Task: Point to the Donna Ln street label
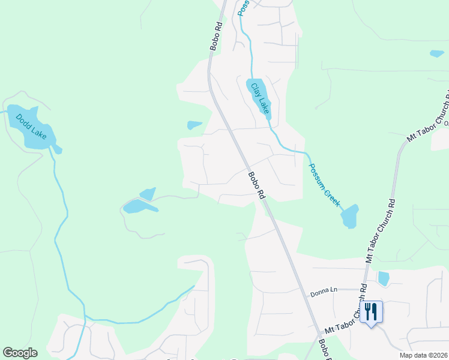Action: pyautogui.click(x=324, y=290)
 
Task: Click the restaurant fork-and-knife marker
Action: pyautogui.click(x=370, y=312)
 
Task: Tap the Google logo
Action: pyautogui.click(x=20, y=353)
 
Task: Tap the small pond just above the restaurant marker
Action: pyautogui.click(x=383, y=278)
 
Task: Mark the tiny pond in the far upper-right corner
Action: pyautogui.click(x=437, y=53)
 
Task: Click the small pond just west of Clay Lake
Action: pyautogui.click(x=194, y=125)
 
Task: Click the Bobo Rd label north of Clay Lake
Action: pyautogui.click(x=215, y=38)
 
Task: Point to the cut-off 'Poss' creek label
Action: pyautogui.click(x=242, y=7)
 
